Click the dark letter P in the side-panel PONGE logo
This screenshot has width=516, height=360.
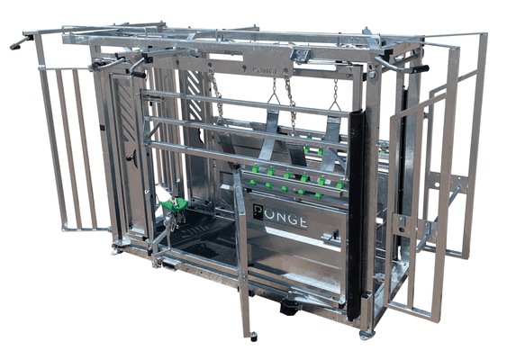(x=258, y=212)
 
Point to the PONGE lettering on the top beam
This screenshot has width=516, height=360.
(x=265, y=71)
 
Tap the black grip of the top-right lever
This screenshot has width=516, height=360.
(x=421, y=69)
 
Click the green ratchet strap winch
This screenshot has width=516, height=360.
(x=174, y=203)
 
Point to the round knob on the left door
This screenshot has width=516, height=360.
(x=131, y=158)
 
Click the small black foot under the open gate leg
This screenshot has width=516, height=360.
(x=253, y=336)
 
